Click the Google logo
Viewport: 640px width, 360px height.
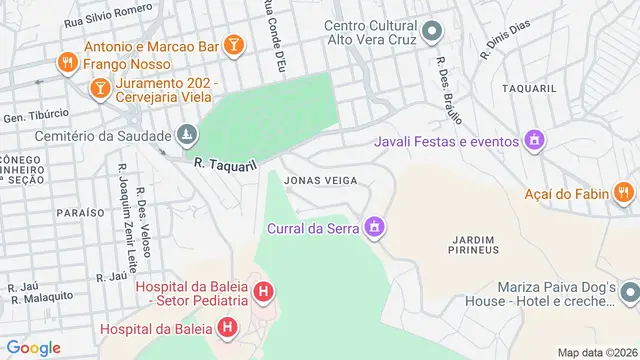pos(33,348)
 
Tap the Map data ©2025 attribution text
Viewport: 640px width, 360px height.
pos(597,352)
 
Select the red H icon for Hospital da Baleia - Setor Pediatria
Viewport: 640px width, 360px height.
pos(262,292)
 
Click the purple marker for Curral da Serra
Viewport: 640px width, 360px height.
pos(375,228)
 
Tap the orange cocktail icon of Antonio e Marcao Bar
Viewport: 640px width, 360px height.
pos(232,45)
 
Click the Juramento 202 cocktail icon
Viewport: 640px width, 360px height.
pos(101,91)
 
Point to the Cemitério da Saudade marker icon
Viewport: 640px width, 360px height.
pos(186,134)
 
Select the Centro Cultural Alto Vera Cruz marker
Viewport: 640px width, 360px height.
pos(432,32)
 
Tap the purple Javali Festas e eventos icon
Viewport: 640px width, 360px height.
pos(535,140)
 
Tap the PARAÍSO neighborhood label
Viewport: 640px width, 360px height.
pos(81,213)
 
